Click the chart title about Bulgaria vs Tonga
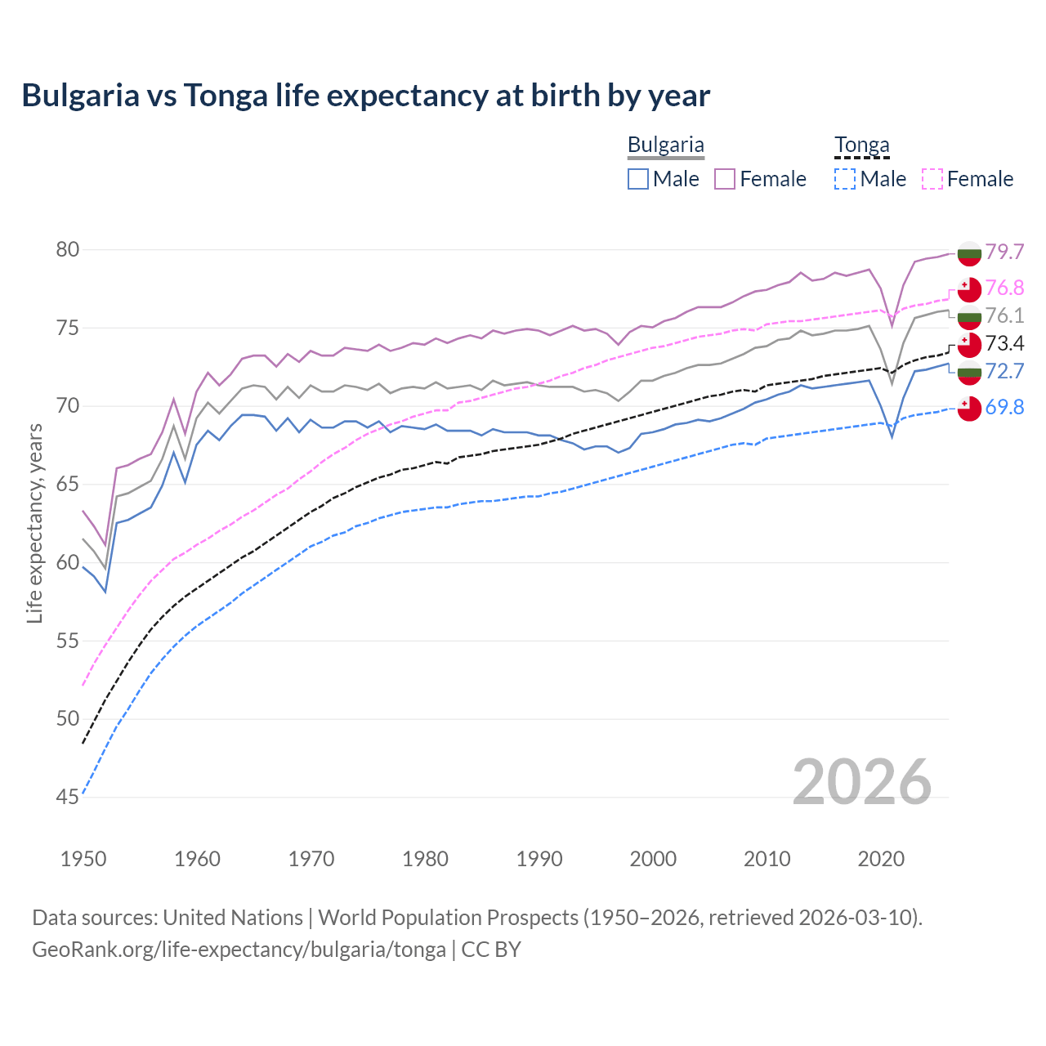click(365, 96)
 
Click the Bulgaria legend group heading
click(665, 145)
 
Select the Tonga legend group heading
click(861, 145)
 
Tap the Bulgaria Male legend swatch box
click(638, 179)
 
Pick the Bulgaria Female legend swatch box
click(725, 179)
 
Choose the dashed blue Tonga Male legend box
click(845, 179)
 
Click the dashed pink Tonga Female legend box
click(932, 179)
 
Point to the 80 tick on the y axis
click(68, 250)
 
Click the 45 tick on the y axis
click(68, 797)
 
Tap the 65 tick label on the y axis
click(68, 485)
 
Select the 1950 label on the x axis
click(83, 859)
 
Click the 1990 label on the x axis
click(539, 859)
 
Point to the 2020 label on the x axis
click(881, 859)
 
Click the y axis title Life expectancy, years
click(34, 523)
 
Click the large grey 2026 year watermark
click(861, 782)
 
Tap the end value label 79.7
click(1004, 252)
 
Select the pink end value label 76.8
click(1004, 288)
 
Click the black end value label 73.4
click(1004, 343)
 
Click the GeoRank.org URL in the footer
click(239, 950)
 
